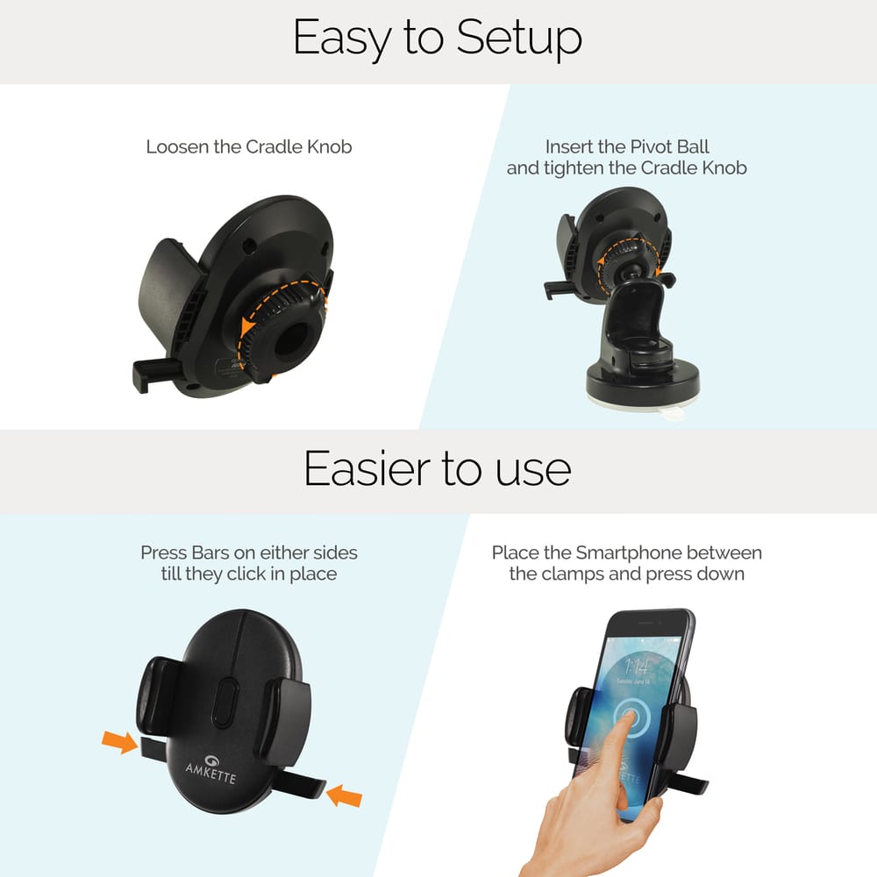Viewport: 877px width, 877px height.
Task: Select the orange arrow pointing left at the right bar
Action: pos(343,796)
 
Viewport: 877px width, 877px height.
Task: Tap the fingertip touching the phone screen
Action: pos(624,717)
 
